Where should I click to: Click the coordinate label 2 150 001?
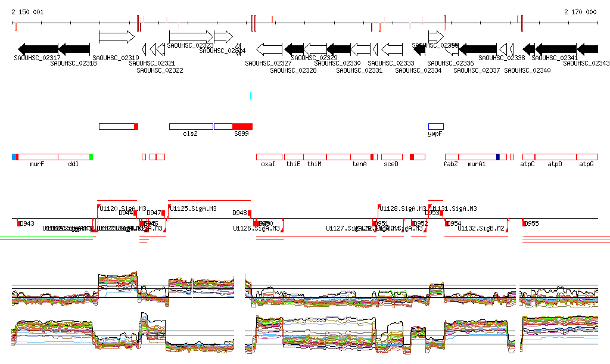27,12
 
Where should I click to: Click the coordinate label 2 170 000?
580,12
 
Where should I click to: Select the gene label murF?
37,163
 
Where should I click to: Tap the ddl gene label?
73,163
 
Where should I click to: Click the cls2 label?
190,133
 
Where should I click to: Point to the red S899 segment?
242,126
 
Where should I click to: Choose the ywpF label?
435,133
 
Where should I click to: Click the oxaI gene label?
268,163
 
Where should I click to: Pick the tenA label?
359,163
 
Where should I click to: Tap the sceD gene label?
391,163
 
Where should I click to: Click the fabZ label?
450,163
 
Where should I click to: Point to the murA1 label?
477,163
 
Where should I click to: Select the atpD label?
555,163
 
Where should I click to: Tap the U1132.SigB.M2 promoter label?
481,228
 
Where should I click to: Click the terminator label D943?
27,224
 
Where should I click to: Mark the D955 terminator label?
531,224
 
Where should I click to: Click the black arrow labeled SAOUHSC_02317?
38,49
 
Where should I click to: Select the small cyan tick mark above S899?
251,95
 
